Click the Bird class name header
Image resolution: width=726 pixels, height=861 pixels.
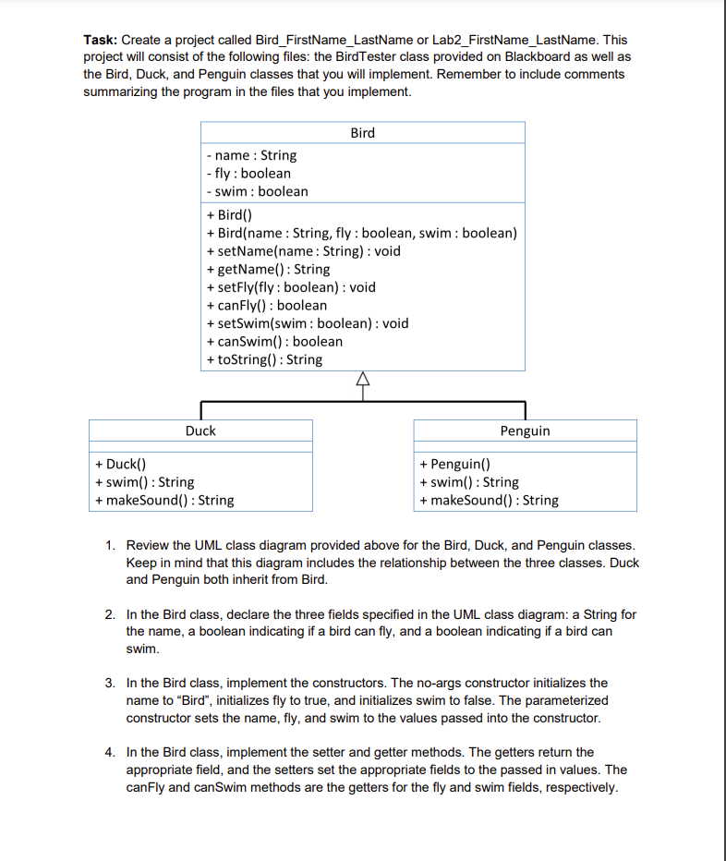pyautogui.click(x=362, y=133)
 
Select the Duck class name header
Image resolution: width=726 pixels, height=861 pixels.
pyautogui.click(x=200, y=430)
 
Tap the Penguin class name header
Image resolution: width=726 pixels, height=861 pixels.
pyautogui.click(x=525, y=430)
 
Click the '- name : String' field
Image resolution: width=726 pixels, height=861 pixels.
pyautogui.click(x=251, y=155)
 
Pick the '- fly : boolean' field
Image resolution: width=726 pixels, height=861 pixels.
pyautogui.click(x=248, y=173)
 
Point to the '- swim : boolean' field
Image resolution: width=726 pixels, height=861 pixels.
pyautogui.click(x=258, y=191)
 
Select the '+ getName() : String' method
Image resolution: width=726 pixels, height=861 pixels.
pyautogui.click(x=268, y=269)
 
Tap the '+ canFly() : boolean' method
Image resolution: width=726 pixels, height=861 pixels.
pyautogui.click(x=267, y=305)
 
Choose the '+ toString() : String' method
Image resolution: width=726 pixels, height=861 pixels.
pyautogui.click(x=264, y=359)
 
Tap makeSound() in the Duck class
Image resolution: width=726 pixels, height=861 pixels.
pyautogui.click(x=163, y=500)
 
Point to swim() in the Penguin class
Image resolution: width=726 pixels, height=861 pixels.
pyautogui.click(x=468, y=482)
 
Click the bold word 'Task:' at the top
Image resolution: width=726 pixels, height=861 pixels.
pyautogui.click(x=101, y=40)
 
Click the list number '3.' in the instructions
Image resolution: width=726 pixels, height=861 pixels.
pyautogui.click(x=110, y=683)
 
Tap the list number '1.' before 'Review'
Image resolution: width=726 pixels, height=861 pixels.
pyautogui.click(x=110, y=546)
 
